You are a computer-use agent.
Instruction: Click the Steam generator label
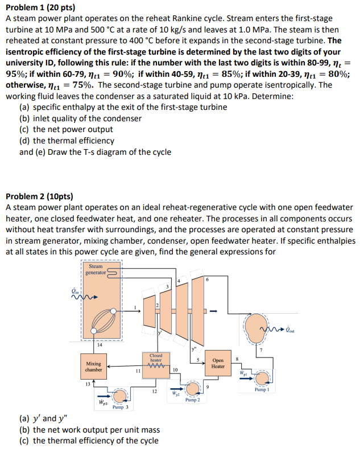[x=96, y=269]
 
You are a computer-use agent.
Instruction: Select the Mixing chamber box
[x=93, y=366]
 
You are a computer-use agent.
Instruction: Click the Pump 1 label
[x=262, y=390]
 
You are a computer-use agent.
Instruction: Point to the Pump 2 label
[x=193, y=400]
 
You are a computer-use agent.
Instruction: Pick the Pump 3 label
[x=120, y=407]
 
